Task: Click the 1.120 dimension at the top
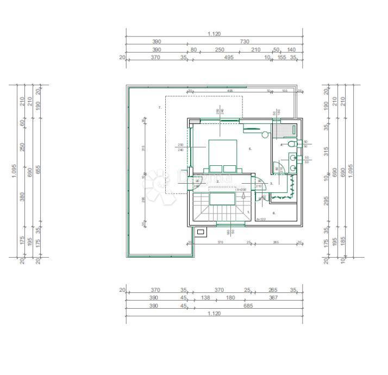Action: [x=214, y=34]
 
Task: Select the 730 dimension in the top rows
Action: [x=245, y=42]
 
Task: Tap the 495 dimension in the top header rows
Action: [x=229, y=58]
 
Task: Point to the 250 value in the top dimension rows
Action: [x=220, y=50]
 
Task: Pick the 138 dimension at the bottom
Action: [x=205, y=298]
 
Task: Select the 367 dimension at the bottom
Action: [x=273, y=298]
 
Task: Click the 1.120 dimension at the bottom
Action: [x=214, y=314]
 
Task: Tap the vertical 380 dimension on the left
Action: [x=22, y=196]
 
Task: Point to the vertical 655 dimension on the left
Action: [x=37, y=170]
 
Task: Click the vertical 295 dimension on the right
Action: [x=327, y=202]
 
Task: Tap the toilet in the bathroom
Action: [x=293, y=144]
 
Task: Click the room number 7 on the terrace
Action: [x=160, y=108]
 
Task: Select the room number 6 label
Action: [x=274, y=213]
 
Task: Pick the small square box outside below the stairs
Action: [x=200, y=232]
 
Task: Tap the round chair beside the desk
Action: [x=265, y=134]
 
